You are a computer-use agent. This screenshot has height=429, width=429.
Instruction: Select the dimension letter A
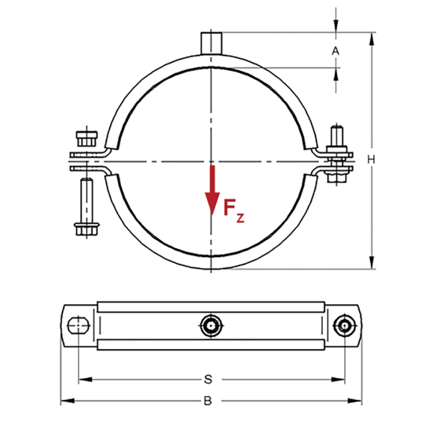tap(336, 51)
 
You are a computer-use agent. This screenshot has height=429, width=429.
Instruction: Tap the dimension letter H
tap(371, 159)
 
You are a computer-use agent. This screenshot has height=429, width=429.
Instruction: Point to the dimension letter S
tap(209, 380)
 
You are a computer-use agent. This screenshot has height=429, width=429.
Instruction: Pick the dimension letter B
tap(209, 400)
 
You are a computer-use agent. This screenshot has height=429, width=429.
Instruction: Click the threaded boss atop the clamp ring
tap(212, 42)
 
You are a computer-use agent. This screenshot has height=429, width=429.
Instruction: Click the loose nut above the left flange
tap(86, 137)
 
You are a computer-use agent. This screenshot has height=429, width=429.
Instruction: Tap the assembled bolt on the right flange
tap(338, 156)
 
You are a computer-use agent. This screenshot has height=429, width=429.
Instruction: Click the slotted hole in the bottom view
tap(79, 325)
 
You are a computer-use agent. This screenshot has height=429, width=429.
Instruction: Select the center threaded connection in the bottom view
tap(211, 325)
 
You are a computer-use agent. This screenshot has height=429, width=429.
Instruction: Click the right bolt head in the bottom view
tap(343, 325)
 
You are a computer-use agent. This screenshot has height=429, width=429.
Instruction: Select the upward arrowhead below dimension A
tap(336, 72)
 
